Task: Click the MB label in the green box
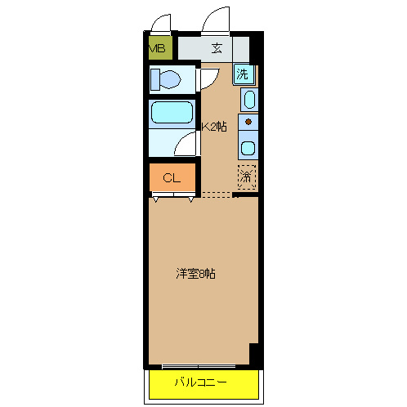157,48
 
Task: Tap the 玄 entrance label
217,47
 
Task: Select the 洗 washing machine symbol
244,74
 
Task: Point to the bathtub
171,113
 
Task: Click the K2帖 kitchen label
215,127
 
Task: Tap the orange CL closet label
172,177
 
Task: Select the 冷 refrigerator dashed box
247,176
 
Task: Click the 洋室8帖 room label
195,275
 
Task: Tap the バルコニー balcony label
200,382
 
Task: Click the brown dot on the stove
248,123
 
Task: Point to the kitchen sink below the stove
248,149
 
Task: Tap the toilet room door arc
208,78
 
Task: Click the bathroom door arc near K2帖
189,145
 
